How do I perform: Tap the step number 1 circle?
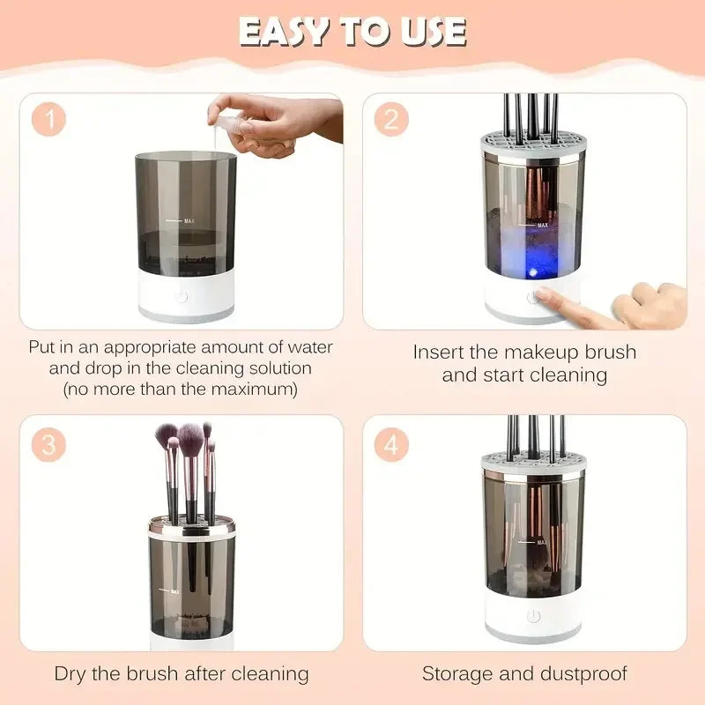(48, 119)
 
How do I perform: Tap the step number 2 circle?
(390, 119)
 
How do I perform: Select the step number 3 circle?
(48, 445)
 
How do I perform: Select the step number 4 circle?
(390, 445)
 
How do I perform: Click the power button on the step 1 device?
(182, 298)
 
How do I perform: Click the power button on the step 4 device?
(532, 616)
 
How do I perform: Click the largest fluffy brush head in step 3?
(190, 435)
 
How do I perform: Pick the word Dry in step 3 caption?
(70, 674)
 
